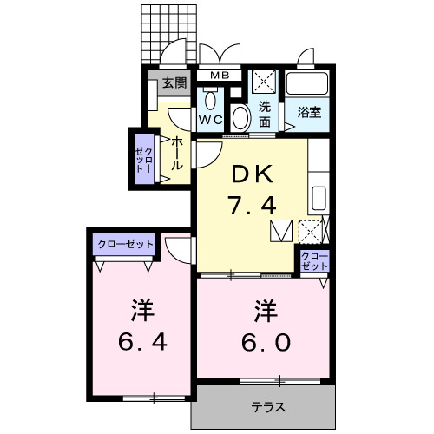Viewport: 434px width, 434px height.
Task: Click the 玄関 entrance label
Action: click(x=174, y=83)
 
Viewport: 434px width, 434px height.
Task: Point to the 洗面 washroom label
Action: click(x=266, y=115)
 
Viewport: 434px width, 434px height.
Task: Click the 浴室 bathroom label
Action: click(x=310, y=111)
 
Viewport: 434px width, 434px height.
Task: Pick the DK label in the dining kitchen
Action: click(x=252, y=174)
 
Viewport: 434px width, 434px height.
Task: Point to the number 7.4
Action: click(x=252, y=206)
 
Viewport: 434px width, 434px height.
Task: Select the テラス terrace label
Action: click(x=269, y=407)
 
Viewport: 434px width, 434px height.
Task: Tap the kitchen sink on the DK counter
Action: click(x=318, y=196)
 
